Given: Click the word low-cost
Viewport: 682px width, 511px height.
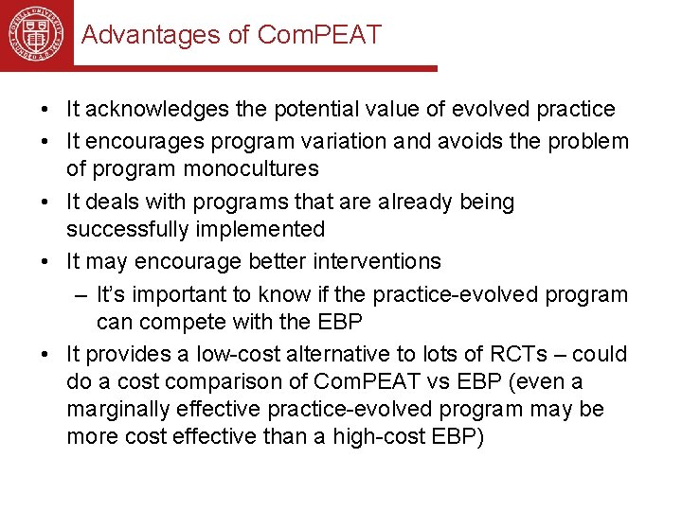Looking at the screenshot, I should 240,355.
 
